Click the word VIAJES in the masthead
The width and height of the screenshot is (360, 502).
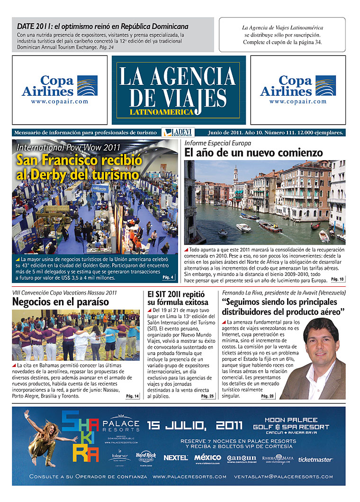point(178,97)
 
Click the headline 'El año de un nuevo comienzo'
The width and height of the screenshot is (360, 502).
point(254,153)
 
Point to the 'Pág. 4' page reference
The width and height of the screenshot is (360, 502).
point(168,277)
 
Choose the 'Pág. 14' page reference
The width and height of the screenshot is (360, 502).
point(133,396)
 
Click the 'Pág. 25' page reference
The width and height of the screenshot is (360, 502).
point(207,396)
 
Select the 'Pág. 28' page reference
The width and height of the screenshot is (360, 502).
point(268,396)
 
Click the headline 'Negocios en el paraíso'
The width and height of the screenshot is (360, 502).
point(61,302)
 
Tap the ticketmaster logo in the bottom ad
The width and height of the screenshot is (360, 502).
point(315,459)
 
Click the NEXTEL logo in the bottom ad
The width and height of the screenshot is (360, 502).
point(176,458)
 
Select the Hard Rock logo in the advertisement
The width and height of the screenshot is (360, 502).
point(146,456)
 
